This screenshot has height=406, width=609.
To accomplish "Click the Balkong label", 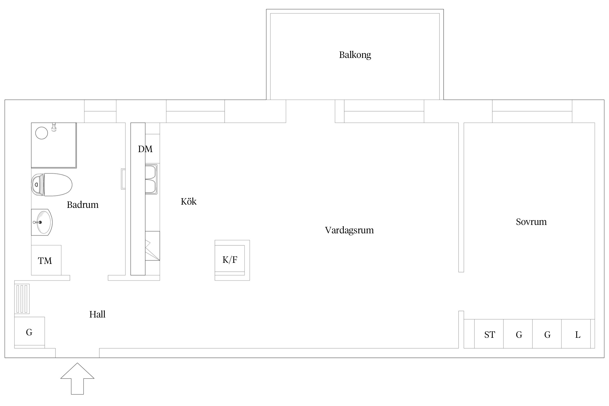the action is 355,55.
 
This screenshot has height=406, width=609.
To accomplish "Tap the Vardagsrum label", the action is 349,230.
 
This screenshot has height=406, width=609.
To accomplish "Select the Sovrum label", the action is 531,222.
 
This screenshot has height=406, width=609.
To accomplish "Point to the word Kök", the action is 188,201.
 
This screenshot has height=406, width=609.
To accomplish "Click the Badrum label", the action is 83,205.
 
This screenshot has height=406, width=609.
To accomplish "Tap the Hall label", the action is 97,314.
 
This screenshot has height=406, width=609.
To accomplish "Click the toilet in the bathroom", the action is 52,185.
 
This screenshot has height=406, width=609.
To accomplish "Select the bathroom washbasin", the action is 42,222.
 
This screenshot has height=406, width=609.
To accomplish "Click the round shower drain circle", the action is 42,133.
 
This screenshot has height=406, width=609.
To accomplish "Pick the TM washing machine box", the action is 46,260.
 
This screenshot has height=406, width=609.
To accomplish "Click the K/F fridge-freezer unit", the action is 232,260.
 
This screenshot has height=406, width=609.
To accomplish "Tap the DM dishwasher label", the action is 145,149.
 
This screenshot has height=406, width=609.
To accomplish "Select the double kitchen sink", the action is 151,179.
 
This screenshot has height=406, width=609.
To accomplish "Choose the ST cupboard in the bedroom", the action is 489,334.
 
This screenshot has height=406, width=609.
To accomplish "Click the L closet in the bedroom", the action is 576,334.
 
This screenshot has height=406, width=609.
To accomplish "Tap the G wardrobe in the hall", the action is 30,332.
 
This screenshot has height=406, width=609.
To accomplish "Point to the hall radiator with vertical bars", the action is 22,299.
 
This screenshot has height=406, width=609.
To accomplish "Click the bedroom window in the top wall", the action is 532,111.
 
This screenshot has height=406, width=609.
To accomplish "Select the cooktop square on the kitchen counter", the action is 152,246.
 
